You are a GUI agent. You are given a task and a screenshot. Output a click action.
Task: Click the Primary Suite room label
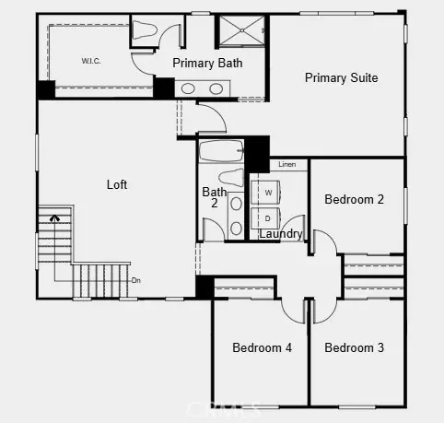tap(341, 78)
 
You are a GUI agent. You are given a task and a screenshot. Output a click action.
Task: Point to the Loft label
tap(117, 184)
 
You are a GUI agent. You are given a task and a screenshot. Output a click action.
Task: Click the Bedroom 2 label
tap(354, 199)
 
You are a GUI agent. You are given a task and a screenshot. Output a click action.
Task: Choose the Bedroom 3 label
tap(354, 347)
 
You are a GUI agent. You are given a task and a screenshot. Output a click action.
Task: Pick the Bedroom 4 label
tap(262, 347)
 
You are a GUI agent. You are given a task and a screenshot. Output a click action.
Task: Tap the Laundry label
tap(280, 234)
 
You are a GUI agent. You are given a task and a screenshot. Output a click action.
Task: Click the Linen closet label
tap(286, 164)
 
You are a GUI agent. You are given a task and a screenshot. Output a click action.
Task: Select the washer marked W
tap(267, 193)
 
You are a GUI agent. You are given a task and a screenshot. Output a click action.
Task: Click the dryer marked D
tap(267, 219)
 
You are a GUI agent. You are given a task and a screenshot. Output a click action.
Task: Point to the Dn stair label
tap(136, 280)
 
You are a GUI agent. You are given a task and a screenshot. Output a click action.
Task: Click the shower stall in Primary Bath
tap(241, 30)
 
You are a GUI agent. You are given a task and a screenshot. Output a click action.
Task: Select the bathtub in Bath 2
tap(221, 149)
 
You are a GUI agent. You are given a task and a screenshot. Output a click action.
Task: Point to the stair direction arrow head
tap(55, 218)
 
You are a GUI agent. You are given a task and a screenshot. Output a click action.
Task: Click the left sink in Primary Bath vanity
tap(189, 89)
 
